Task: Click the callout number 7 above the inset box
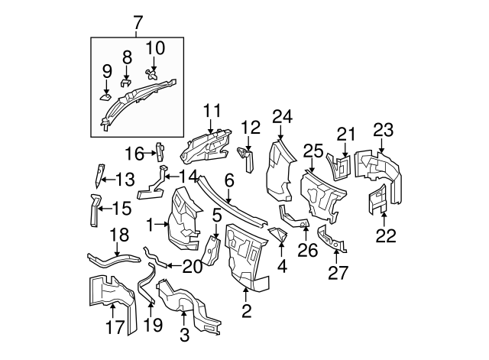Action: tap(138, 24)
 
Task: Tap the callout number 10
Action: tap(154, 48)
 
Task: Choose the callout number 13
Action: tap(125, 180)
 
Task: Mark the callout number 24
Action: tap(283, 117)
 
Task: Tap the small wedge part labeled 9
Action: tap(105, 97)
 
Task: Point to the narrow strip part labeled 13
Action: tap(99, 176)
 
